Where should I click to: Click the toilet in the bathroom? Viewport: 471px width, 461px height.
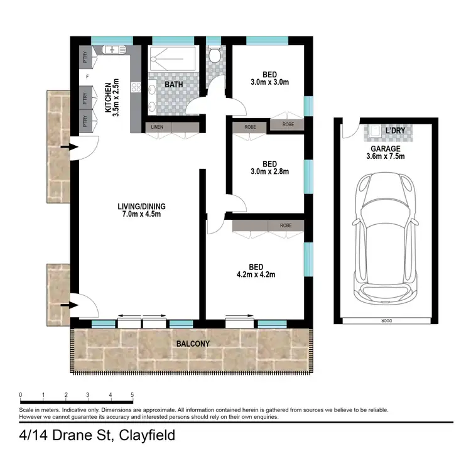[x=214, y=56]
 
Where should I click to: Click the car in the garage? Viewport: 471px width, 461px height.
[x=384, y=238]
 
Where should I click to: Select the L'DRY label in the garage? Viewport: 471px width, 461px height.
[x=395, y=131]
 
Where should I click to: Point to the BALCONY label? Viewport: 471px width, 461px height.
[x=193, y=344]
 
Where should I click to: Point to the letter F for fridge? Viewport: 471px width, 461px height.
[x=86, y=77]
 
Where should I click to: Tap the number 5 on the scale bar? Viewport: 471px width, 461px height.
[x=132, y=395]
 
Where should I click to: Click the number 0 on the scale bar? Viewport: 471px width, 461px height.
[x=21, y=395]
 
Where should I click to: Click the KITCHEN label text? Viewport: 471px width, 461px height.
[x=108, y=98]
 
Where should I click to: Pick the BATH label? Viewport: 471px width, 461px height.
[x=174, y=84]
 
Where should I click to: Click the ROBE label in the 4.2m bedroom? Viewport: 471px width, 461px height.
[x=286, y=225]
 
